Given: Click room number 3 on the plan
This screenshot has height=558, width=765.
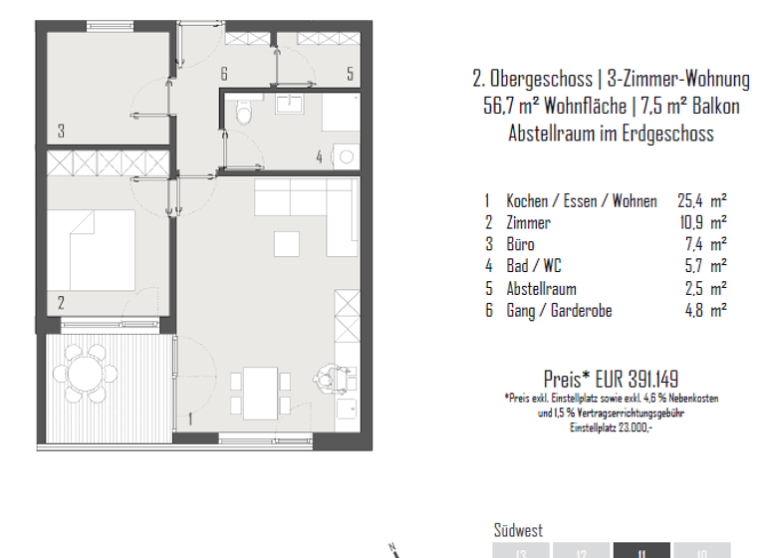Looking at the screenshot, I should [x=61, y=130].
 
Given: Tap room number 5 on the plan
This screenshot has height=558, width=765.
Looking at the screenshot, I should [x=350, y=73].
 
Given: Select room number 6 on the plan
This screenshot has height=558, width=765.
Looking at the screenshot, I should [x=225, y=73].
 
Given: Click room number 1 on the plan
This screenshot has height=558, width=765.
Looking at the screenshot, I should [x=190, y=419].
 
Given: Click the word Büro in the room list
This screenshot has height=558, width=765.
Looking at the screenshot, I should [x=520, y=244].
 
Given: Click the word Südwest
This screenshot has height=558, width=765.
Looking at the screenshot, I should [x=518, y=531].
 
